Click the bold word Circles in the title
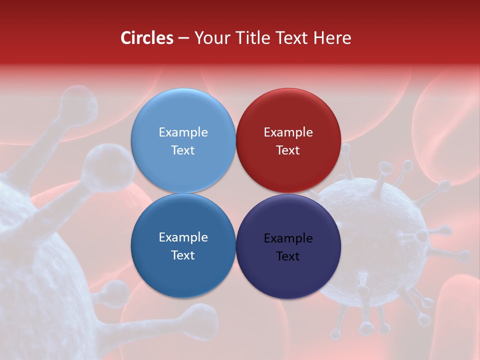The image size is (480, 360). [x=147, y=38]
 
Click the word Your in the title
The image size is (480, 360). [x=211, y=38]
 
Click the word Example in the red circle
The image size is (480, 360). [x=288, y=132]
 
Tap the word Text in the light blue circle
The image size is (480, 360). [x=183, y=150]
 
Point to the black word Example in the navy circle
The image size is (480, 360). [x=288, y=238]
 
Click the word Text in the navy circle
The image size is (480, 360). [x=288, y=256]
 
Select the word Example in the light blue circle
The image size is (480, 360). [x=183, y=132]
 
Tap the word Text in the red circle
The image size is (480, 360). [x=288, y=150]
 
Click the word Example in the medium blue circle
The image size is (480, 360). [x=183, y=237]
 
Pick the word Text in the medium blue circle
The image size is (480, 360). [x=183, y=255]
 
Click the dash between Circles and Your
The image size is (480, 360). [x=183, y=38]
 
